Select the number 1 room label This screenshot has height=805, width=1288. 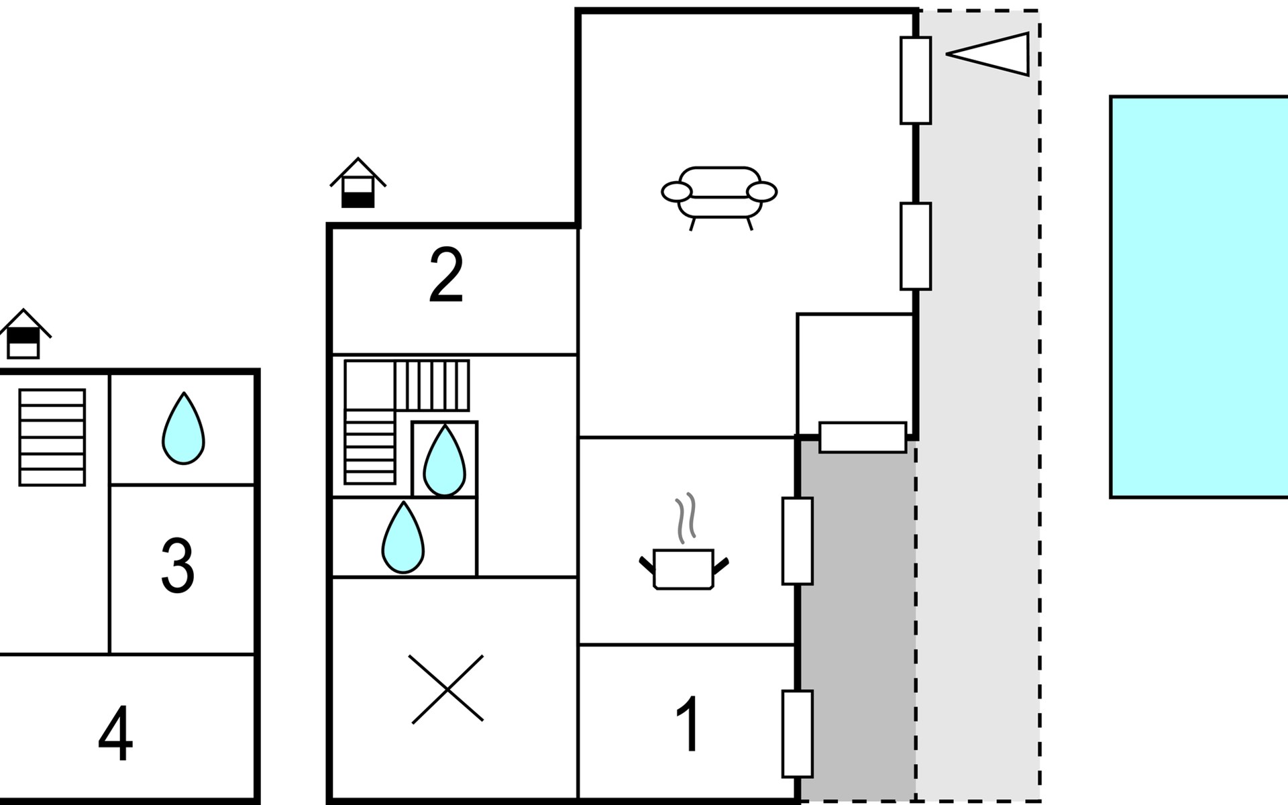coord(688,724)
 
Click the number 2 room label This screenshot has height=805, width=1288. coord(446,274)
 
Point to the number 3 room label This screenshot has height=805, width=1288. coord(178,566)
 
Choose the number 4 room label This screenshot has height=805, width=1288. coord(115,734)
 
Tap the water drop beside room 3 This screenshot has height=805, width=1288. coord(183,429)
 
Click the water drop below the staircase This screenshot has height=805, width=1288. coord(403,537)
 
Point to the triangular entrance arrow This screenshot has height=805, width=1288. coord(987,54)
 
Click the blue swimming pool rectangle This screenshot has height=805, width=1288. coord(1199,297)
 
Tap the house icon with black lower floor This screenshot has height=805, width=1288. coord(358,182)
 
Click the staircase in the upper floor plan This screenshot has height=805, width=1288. coord(52,437)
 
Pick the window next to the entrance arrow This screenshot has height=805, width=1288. coord(916,80)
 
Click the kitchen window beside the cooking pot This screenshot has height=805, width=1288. coord(798,541)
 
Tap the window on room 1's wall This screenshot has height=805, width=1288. coord(798,734)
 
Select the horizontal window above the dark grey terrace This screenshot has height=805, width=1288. coord(863,437)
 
